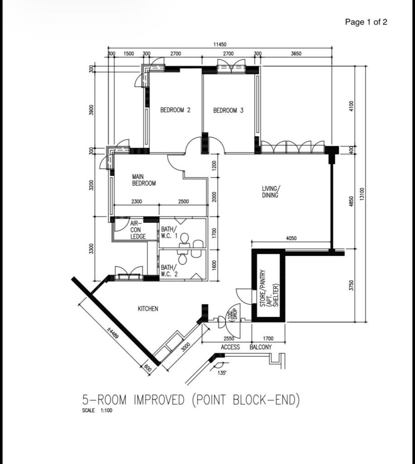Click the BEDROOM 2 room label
(x=175, y=110)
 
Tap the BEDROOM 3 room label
(x=228, y=111)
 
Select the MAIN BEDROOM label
(x=144, y=180)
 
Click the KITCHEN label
(x=148, y=309)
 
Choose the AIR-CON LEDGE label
(x=138, y=230)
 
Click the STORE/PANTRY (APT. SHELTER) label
(x=269, y=288)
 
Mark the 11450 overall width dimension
(x=219, y=44)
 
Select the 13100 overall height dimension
(x=363, y=194)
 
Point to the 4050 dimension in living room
(x=291, y=238)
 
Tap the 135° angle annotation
(x=222, y=373)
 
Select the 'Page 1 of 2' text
(x=366, y=22)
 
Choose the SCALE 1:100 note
(x=97, y=411)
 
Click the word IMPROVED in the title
(x=159, y=400)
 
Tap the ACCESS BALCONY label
(x=246, y=347)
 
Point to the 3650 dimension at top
(x=296, y=53)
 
